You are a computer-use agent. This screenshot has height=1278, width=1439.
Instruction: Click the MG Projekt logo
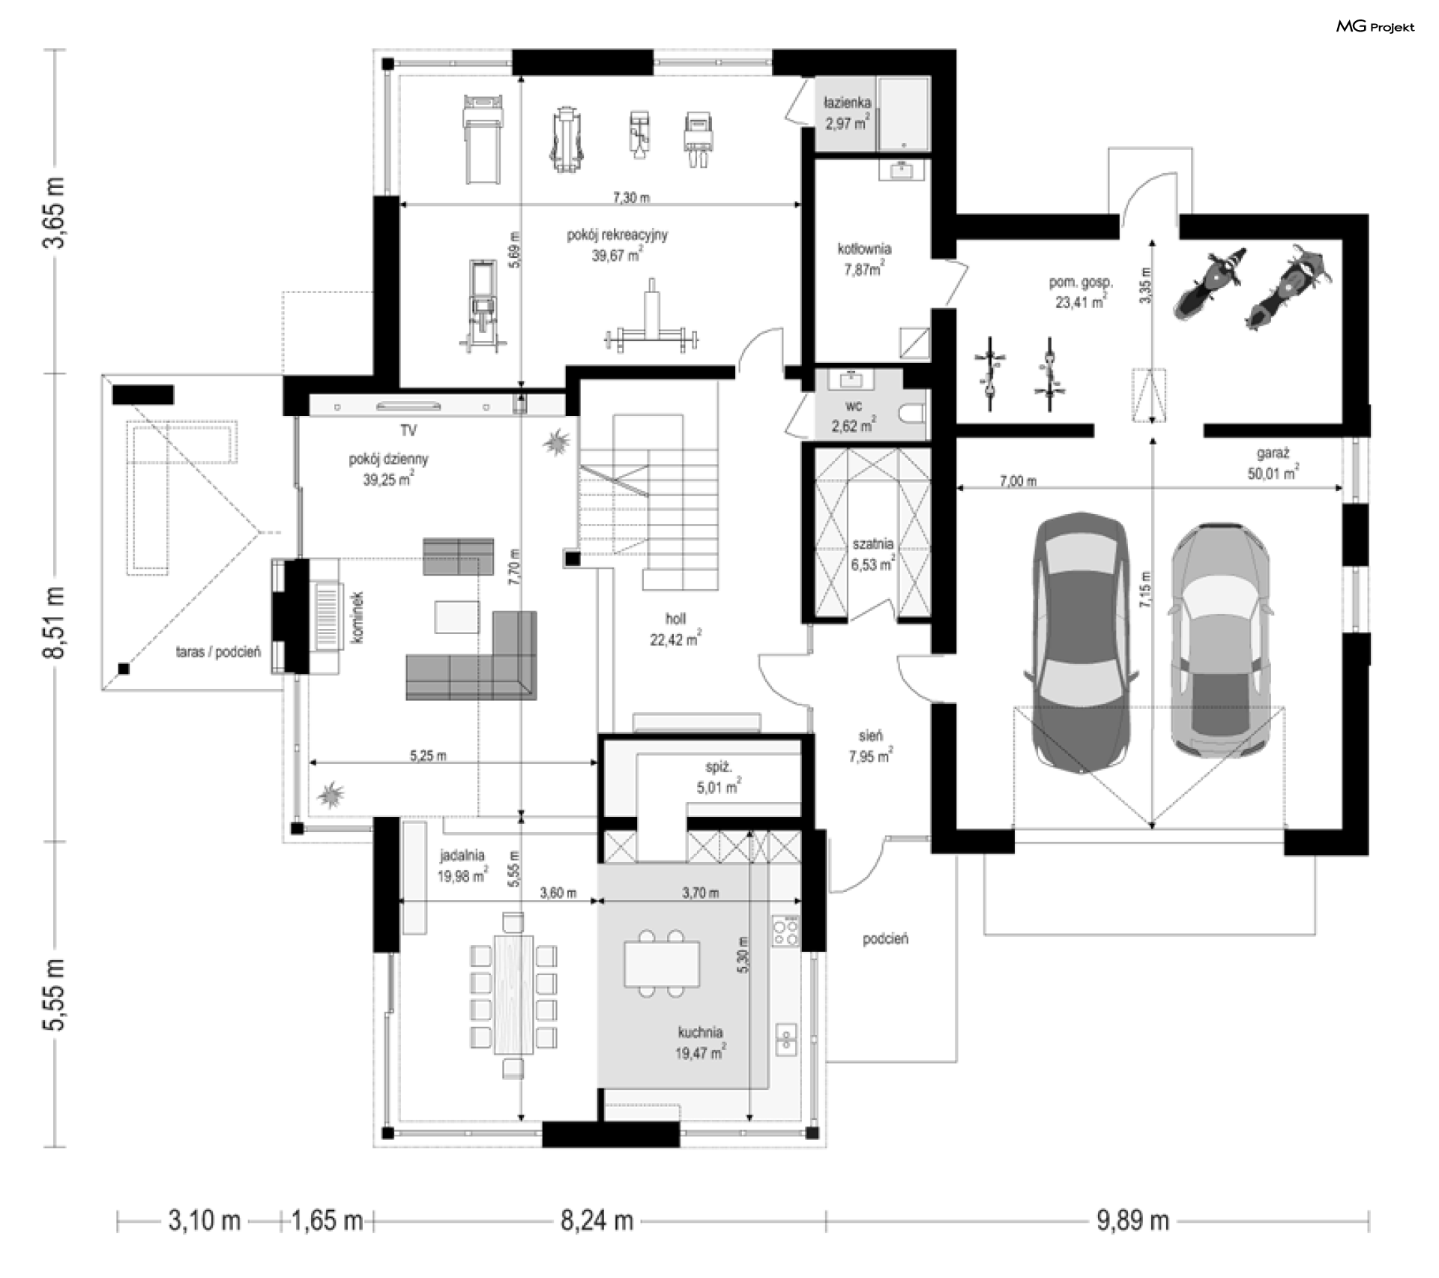pyautogui.click(x=1375, y=27)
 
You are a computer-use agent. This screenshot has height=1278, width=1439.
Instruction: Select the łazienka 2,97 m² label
pyautogui.click(x=847, y=113)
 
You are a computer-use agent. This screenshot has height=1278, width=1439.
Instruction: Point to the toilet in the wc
pyautogui.click(x=915, y=415)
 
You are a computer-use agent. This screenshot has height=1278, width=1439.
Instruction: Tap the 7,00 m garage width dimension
pyautogui.click(x=1018, y=481)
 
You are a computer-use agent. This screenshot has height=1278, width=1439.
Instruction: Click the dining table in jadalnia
pyautogui.click(x=513, y=994)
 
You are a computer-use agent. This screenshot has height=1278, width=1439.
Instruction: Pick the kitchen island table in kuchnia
pyautogui.click(x=662, y=964)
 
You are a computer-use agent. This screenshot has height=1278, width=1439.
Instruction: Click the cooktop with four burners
pyautogui.click(x=786, y=932)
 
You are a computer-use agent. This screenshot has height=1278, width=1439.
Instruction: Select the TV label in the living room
pyautogui.click(x=408, y=430)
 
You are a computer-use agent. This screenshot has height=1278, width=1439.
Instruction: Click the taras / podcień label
pyautogui.click(x=218, y=652)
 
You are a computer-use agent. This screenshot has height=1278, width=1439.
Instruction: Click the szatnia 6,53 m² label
pyautogui.click(x=872, y=554)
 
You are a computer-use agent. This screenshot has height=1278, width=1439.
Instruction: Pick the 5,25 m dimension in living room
pyautogui.click(x=428, y=756)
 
